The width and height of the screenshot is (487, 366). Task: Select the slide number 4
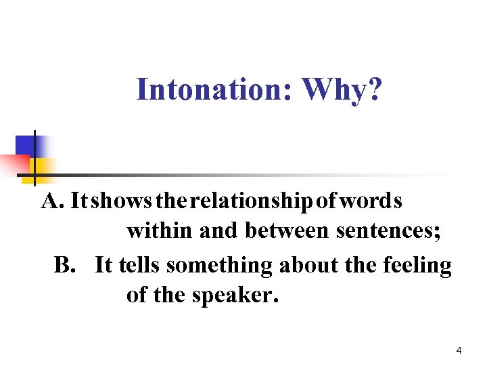(459, 350)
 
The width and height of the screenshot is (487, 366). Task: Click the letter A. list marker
(53, 201)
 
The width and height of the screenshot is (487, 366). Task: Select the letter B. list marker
(66, 265)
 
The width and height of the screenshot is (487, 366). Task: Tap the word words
(372, 201)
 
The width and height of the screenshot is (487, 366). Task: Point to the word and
(218, 232)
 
